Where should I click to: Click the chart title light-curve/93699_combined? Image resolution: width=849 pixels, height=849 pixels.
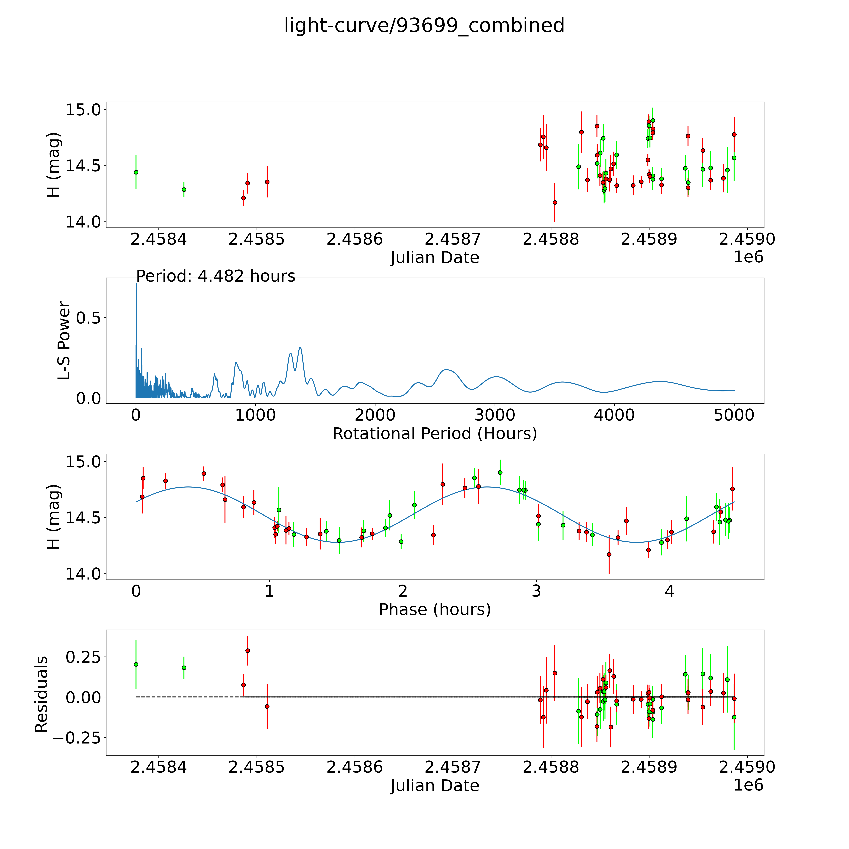tap(424, 25)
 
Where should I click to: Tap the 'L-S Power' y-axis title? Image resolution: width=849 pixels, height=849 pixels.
tap(64, 341)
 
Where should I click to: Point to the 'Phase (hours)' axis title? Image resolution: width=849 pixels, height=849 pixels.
tap(435, 610)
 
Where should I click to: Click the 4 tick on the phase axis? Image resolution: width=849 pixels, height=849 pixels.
tap(669, 591)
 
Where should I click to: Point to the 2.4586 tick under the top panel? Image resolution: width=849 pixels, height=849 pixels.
tap(355, 239)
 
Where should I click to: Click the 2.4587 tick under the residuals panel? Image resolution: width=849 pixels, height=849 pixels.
tap(453, 767)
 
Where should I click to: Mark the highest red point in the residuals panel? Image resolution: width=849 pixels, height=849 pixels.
tap(247, 650)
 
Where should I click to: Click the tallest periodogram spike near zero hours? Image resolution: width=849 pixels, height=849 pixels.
tap(136, 285)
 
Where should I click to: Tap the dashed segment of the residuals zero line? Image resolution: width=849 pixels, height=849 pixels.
tap(189, 697)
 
